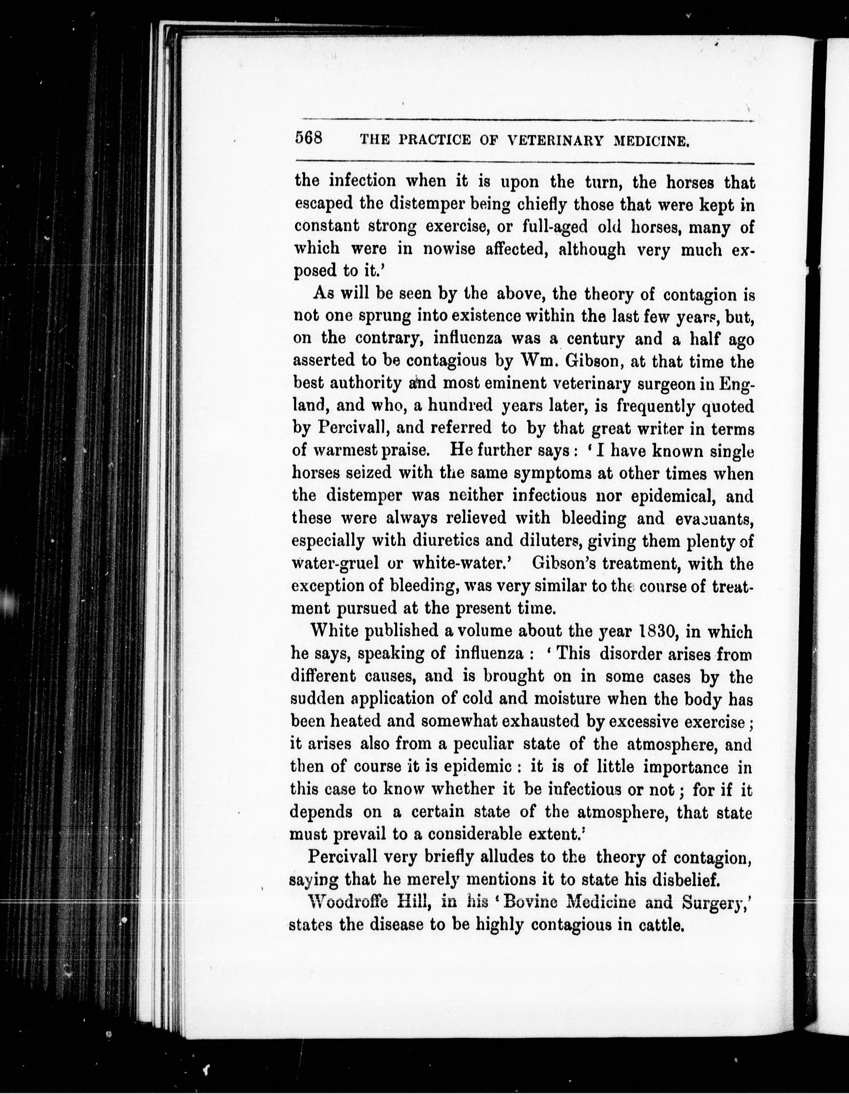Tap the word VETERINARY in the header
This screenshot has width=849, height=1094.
pos(556,141)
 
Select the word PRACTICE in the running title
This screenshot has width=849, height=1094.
pos(435,141)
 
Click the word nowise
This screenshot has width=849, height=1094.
pos(449,249)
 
